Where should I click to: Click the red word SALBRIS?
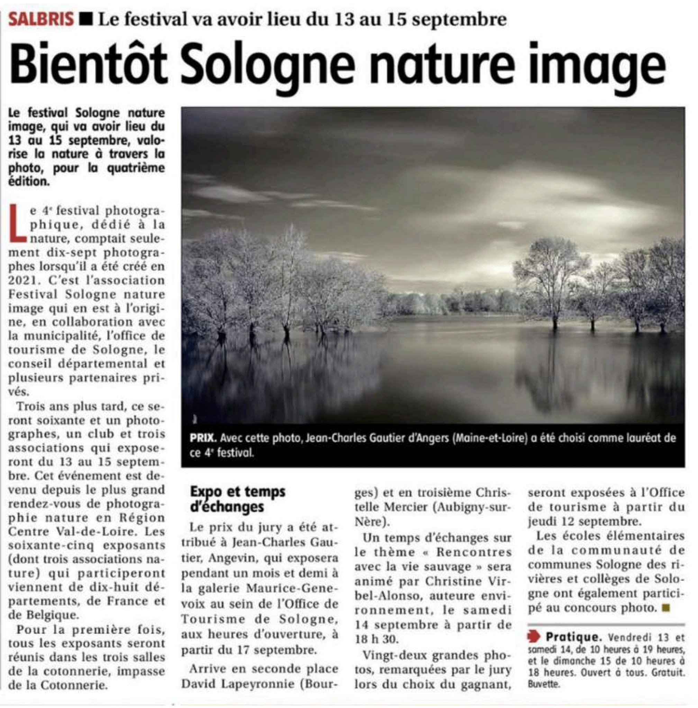(41, 19)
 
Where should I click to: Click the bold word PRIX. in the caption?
(203, 438)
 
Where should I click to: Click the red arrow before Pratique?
(534, 637)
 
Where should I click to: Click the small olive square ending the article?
(666, 608)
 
